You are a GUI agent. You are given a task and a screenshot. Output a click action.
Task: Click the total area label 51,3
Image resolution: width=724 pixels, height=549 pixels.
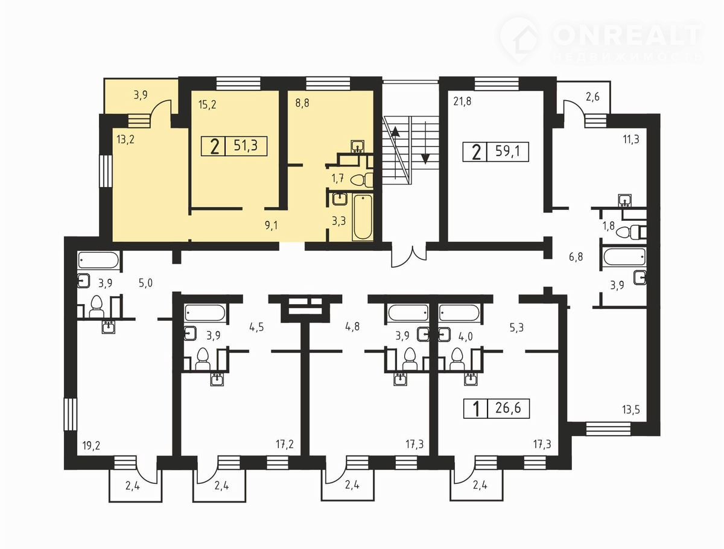(246, 145)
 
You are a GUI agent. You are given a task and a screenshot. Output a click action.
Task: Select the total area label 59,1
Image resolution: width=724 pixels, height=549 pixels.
(507, 151)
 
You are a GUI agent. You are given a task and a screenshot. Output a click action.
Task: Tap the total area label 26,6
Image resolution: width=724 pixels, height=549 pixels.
(508, 408)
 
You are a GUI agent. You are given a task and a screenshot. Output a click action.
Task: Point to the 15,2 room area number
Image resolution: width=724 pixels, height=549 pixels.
(207, 105)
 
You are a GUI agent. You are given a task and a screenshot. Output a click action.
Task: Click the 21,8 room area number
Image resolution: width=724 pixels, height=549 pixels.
(462, 101)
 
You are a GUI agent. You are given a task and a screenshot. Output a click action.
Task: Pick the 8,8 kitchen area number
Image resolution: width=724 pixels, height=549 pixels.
(302, 103)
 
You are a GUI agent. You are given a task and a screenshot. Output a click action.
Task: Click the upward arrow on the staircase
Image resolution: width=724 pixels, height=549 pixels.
(395, 132)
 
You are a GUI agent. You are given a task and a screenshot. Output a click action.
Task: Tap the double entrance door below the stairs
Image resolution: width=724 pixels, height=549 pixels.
(409, 256)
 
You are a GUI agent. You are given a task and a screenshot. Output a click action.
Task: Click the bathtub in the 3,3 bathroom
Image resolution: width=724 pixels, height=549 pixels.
(363, 217)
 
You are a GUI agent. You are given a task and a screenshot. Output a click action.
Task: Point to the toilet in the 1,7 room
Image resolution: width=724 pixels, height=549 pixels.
(362, 180)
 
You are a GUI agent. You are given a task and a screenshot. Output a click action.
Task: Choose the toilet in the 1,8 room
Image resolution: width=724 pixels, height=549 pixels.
(630, 232)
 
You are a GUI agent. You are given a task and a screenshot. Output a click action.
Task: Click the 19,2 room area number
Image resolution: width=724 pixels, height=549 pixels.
(91, 446)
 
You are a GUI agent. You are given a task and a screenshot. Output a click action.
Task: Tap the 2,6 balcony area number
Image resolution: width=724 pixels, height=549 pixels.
(592, 97)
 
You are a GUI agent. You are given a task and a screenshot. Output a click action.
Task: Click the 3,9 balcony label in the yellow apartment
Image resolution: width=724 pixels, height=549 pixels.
(141, 95)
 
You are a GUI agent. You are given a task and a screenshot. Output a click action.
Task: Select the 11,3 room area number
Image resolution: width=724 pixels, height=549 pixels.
(631, 139)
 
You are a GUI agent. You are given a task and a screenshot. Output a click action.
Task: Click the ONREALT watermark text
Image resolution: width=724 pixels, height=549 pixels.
(626, 35)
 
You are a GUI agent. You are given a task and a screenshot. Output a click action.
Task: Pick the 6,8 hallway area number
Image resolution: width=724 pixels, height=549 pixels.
(576, 257)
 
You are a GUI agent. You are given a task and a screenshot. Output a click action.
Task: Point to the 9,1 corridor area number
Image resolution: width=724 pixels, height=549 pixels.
(271, 226)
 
